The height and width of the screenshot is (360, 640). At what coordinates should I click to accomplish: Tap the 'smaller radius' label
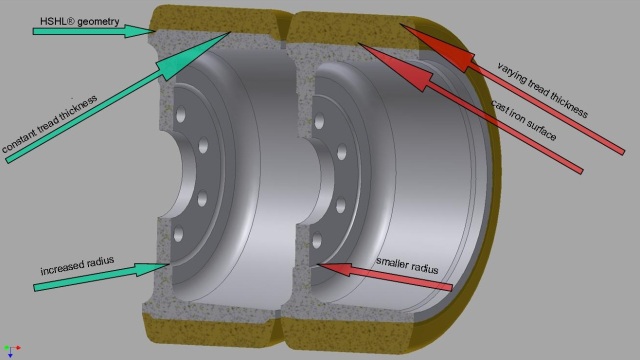409,264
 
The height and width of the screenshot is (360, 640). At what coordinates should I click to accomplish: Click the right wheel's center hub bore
306,180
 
